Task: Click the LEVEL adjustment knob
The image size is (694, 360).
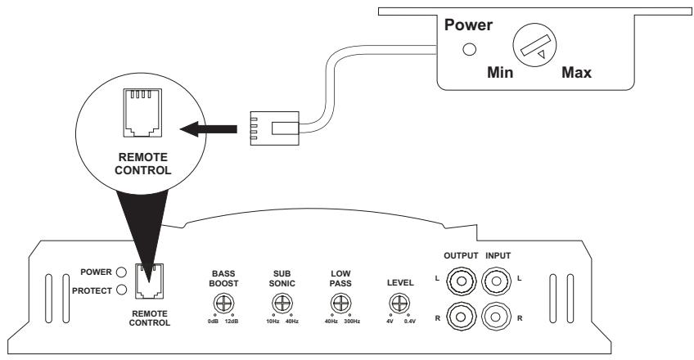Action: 399,304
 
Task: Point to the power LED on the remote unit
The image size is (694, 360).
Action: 469,48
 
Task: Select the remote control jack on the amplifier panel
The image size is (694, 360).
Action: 147,280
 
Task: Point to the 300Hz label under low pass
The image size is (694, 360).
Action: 353,322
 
